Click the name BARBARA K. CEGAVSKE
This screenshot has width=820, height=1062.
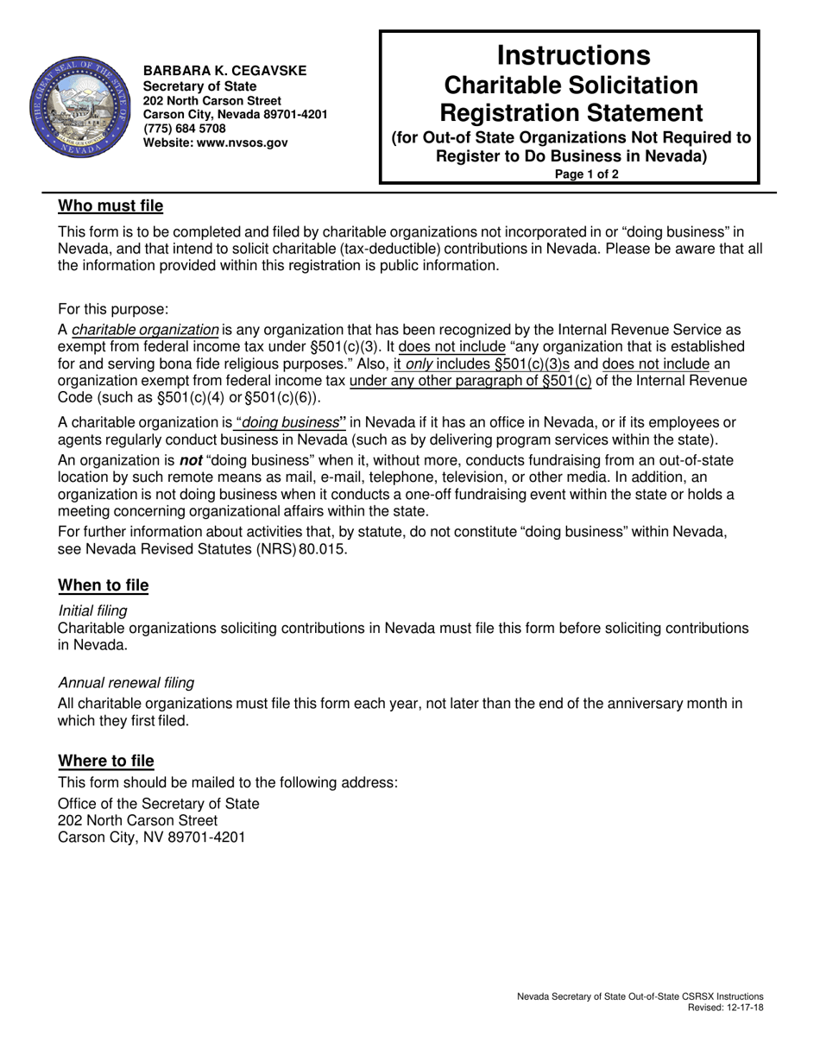[x=224, y=71]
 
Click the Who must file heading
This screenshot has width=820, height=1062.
[x=110, y=206]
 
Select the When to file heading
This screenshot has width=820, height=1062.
[x=103, y=585]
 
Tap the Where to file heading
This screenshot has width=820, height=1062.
[x=106, y=761]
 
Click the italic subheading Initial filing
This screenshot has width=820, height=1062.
[x=92, y=610]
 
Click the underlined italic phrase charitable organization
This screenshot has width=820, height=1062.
[x=145, y=329]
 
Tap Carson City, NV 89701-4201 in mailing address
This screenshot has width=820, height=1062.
[x=151, y=838]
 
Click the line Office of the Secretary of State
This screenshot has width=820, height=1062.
[x=158, y=803]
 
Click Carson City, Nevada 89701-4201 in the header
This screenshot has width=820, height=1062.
[x=235, y=114]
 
